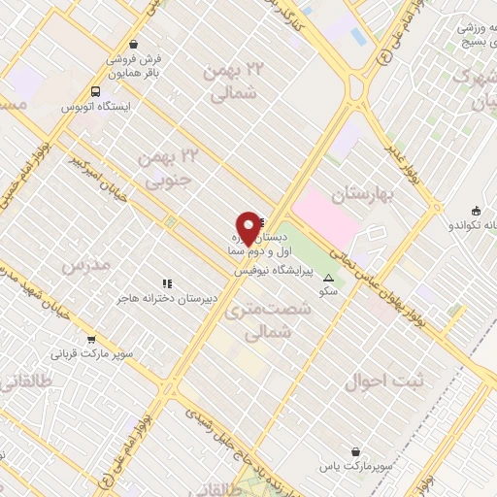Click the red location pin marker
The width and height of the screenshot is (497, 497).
tap(248, 227)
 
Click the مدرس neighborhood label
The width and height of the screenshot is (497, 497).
tap(82, 265)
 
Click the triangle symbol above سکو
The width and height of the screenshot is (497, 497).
tap(326, 279)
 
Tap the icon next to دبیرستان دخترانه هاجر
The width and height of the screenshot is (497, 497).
tap(167, 284)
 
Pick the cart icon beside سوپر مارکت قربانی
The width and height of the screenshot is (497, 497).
tap(91, 340)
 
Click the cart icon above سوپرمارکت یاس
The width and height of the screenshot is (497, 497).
tap(358, 451)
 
